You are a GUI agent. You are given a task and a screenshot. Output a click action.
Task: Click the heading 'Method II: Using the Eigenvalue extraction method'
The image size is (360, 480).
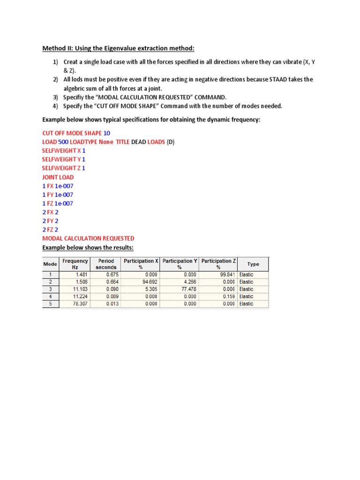pos(118,48)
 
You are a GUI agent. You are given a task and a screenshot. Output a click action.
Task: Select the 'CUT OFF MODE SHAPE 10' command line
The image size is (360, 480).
pos(76,133)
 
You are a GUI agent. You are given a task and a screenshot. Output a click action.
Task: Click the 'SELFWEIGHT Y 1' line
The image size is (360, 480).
pos(64,159)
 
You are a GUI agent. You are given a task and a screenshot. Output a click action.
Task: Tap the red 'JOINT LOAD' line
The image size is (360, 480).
pos(58,177)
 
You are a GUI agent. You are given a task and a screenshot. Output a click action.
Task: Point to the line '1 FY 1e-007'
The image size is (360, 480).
pos(58,195)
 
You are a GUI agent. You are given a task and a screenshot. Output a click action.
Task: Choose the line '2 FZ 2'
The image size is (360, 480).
pos(50,230)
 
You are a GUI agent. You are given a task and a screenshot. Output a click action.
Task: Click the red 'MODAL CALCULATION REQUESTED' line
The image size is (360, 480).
pos(88,239)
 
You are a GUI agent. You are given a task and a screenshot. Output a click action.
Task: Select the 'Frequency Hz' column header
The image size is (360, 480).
pos(75,264)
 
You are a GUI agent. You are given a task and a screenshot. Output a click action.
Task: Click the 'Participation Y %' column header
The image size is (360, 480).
pos(180,264)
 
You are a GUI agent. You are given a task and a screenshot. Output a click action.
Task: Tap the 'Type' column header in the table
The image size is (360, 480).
pos(253,264)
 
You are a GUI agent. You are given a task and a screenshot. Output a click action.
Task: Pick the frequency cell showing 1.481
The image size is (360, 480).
pos(81,274)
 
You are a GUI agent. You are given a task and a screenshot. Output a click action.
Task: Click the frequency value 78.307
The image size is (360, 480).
pos(80,304)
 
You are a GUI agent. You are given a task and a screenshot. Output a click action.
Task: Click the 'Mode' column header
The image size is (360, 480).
pos(51,264)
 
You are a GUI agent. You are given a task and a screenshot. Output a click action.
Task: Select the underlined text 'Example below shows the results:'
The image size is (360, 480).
pos(88,247)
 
